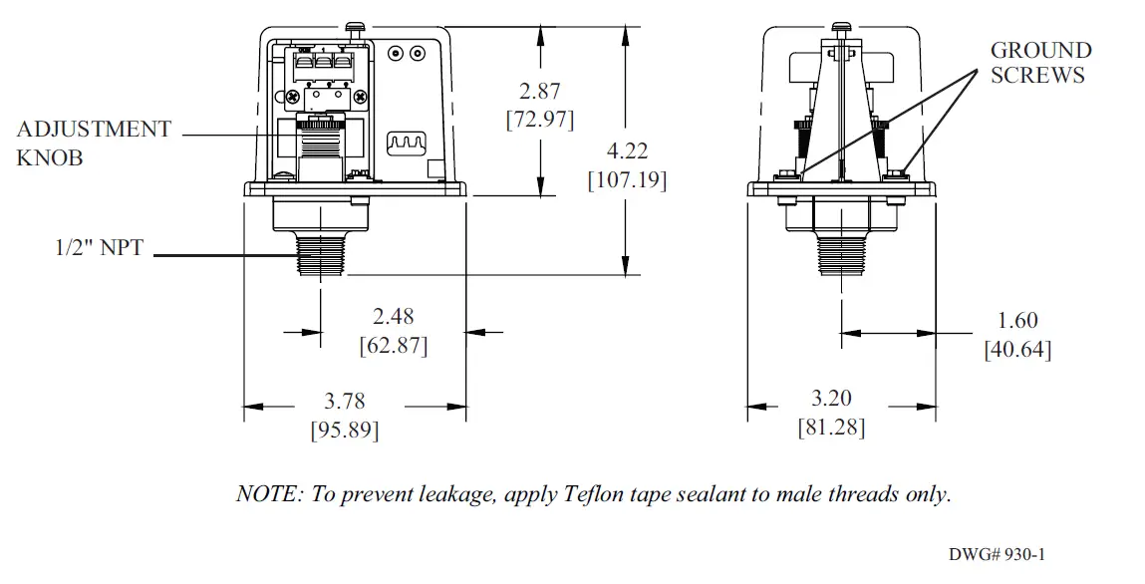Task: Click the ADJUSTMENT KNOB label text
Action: (94, 144)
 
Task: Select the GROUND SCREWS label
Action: (1040, 62)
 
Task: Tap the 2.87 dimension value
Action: (540, 91)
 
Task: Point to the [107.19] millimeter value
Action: (627, 181)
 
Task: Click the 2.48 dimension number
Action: (393, 317)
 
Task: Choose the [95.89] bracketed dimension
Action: (344, 431)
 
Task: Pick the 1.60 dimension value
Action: (1017, 320)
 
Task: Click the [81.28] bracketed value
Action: (831, 428)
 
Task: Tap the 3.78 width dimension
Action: (345, 402)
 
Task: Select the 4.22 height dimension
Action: (628, 151)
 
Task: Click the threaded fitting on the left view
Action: (320, 254)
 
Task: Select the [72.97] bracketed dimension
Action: (540, 120)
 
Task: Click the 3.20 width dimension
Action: (831, 399)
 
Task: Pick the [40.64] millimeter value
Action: (1017, 349)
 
